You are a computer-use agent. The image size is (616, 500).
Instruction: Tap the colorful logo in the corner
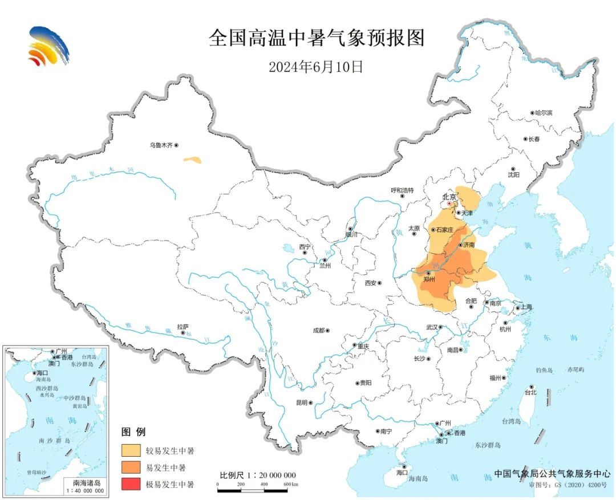point(48,46)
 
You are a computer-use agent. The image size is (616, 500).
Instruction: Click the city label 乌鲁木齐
point(160,146)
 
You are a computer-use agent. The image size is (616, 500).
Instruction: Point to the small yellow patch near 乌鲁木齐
point(192,160)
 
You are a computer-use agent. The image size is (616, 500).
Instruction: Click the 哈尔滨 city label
point(544,113)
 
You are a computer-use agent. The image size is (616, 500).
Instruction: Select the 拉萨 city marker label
point(183,327)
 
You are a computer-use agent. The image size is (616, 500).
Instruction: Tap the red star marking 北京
point(449,203)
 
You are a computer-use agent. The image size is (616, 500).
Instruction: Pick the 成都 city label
point(318,330)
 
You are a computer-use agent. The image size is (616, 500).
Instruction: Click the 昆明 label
point(302,402)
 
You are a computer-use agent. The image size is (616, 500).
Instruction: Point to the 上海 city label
point(525,307)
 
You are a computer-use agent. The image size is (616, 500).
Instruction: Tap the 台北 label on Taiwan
point(530,393)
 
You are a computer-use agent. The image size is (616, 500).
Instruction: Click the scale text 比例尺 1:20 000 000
point(258,475)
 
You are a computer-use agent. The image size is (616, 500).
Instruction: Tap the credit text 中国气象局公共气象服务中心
point(552,473)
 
